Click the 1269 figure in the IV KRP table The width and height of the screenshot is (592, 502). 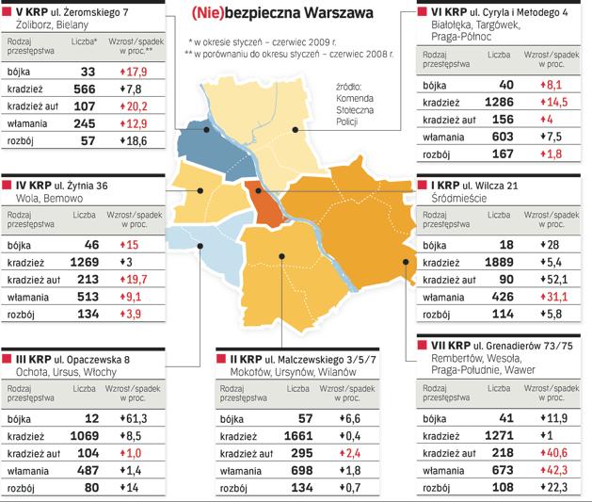pyautogui.click(x=86, y=262)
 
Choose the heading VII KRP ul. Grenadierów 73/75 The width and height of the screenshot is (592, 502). pyautogui.click(x=495, y=347)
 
